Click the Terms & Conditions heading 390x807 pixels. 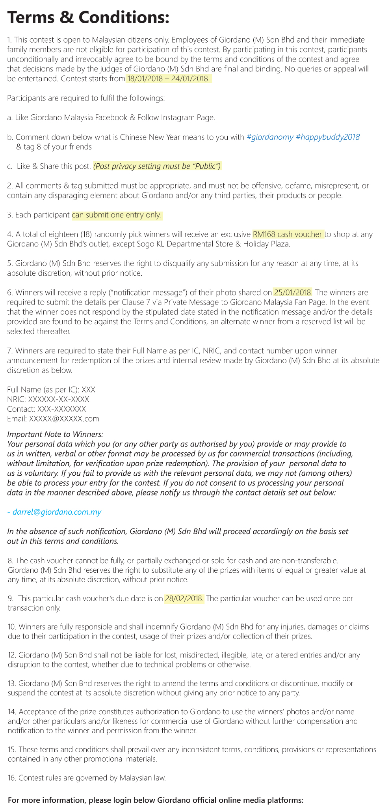point(88,17)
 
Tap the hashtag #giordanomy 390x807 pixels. point(270,137)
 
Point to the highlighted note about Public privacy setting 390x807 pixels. point(157,166)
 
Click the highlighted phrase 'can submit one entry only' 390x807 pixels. point(117,215)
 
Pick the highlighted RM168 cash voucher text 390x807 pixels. point(288,234)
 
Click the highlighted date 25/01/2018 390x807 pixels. point(292,293)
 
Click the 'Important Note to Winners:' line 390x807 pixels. point(55,434)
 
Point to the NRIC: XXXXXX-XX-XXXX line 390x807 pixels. point(48,399)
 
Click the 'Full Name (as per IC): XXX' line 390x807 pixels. point(51,390)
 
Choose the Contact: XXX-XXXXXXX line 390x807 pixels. point(46,409)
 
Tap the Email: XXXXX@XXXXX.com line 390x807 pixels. point(53,418)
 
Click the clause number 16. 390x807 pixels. point(11,778)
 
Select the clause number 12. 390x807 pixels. point(11,655)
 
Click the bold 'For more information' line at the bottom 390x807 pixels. point(156,800)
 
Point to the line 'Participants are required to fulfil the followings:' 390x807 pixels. point(86,98)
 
